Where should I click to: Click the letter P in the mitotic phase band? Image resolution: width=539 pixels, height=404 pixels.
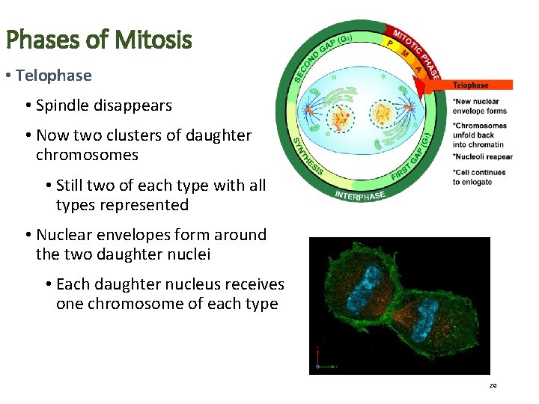tap(390, 43)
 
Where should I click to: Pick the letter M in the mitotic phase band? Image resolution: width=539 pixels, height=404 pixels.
tap(404, 53)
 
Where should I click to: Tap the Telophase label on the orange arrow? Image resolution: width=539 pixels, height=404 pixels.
tap(470, 85)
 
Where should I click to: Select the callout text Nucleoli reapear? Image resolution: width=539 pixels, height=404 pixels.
tap(483, 157)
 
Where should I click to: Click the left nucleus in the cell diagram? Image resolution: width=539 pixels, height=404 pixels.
tap(341, 116)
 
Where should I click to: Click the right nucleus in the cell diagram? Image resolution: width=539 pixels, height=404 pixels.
tap(383, 114)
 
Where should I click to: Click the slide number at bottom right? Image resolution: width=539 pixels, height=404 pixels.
tap(493, 386)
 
